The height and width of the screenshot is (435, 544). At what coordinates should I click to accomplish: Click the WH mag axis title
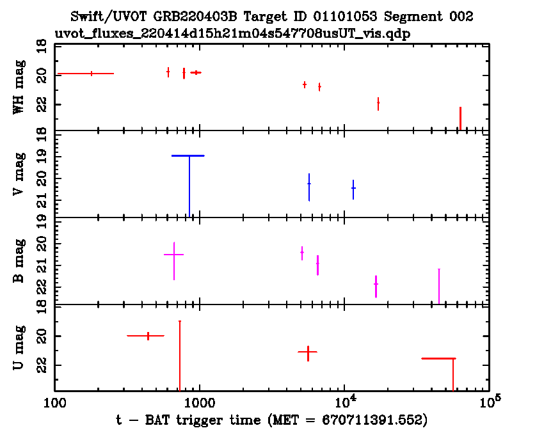19,87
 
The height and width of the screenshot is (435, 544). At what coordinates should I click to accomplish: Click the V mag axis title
19,174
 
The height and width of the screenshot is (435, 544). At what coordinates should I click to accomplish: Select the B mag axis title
19,261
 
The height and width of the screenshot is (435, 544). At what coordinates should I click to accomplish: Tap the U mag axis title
19,347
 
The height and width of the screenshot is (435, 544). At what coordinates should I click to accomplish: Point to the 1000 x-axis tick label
200,403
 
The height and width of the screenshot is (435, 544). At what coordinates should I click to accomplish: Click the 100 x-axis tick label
55,403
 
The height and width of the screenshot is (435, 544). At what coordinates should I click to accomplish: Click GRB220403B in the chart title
196,17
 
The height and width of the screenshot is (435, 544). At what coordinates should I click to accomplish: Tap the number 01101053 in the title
345,17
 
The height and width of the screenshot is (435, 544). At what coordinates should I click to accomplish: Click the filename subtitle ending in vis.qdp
232,34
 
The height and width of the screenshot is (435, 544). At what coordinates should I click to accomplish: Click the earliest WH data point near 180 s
92,74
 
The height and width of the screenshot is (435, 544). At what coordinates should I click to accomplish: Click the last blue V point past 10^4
353,188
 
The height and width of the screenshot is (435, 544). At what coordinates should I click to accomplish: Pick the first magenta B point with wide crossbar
174,255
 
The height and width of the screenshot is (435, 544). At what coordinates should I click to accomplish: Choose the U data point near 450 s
148,336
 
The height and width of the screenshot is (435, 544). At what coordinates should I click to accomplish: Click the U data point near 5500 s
308,352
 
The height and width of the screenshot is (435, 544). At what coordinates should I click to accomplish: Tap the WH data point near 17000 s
378,103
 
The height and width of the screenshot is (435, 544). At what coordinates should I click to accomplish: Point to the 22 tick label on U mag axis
42,365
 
